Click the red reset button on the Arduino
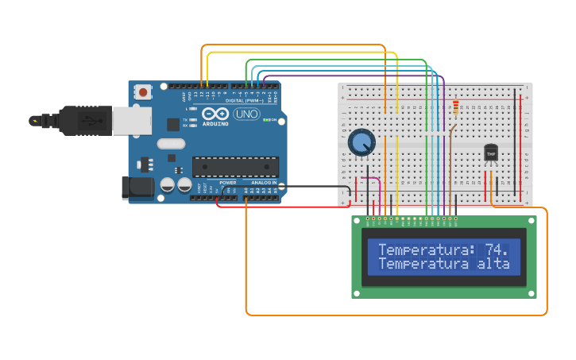143,92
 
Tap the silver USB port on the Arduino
131,121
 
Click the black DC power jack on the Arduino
136,188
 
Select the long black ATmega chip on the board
235,166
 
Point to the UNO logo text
246,114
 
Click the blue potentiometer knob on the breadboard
361,142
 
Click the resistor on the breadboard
455,106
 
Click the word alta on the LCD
493,264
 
